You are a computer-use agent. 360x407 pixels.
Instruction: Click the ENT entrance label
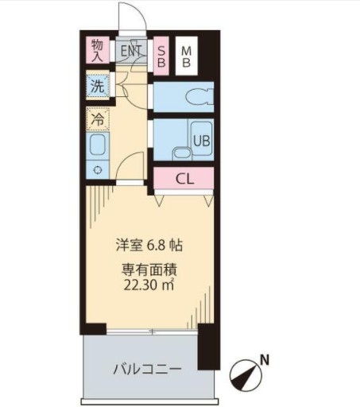[131, 50]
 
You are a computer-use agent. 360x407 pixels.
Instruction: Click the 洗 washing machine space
[97, 87]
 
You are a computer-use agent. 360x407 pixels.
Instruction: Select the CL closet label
[184, 178]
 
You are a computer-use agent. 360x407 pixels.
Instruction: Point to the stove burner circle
[97, 169]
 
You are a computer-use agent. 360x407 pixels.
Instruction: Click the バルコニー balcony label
[146, 369]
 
